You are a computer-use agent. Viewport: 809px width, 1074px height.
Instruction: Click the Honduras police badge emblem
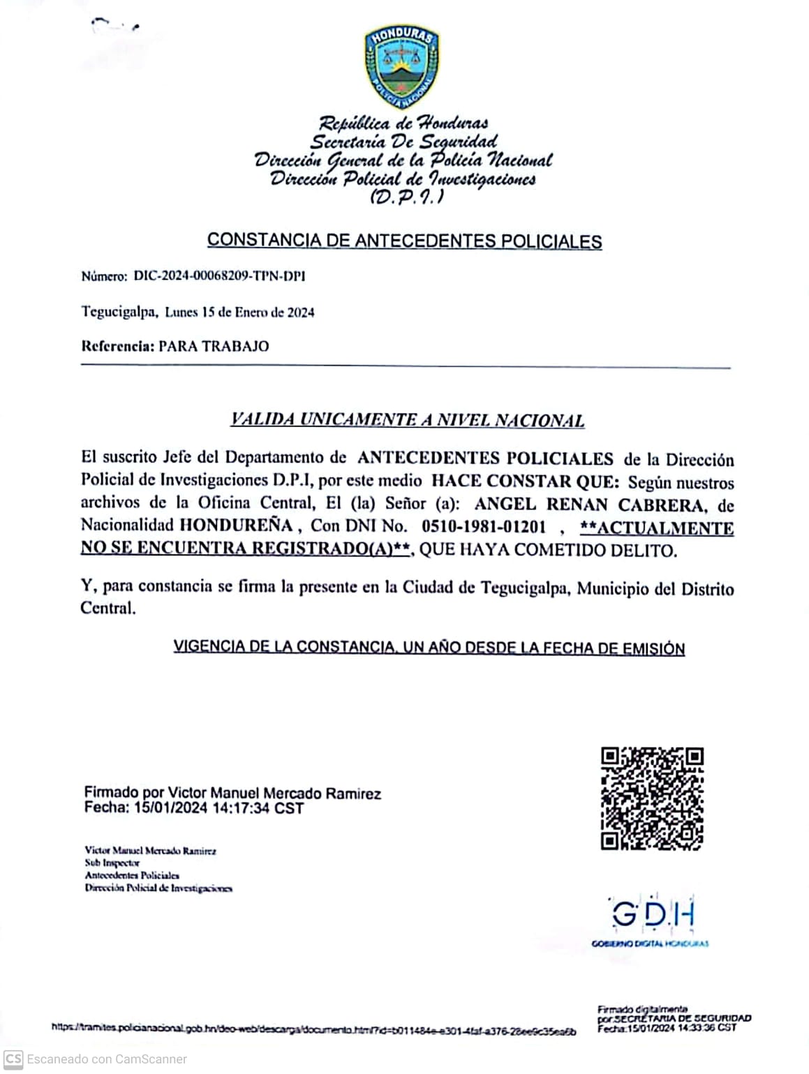pos(402,68)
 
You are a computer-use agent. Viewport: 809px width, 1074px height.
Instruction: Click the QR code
pos(652,798)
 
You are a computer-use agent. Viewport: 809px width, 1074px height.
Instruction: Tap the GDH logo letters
pos(653,914)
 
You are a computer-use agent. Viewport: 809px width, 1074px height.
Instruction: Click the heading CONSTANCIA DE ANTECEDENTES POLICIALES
pos(404,241)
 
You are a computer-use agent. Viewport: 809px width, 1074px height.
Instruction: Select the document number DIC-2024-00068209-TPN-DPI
pos(219,276)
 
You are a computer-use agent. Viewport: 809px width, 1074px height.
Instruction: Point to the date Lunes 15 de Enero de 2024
pos(239,312)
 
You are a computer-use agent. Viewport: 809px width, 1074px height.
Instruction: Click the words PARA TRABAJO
pos(214,346)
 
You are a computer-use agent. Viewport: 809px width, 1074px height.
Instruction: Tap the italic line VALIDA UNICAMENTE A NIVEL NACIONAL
pos(407,420)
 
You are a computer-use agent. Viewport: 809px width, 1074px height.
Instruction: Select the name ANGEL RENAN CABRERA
pos(589,504)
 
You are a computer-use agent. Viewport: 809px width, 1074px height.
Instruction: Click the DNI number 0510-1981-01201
pos(484,526)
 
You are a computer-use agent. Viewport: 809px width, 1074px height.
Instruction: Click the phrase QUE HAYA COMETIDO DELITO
pos(548,550)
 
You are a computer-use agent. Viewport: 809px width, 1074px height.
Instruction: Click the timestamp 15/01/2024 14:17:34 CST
pos(219,808)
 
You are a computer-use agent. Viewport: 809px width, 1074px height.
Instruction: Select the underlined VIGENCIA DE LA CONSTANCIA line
pos(429,647)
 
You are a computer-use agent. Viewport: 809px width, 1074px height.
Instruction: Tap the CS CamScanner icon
pos(13,1059)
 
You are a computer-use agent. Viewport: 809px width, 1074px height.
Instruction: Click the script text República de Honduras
pos(403,124)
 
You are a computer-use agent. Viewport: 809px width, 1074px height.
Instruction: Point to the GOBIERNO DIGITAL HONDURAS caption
pos(650,944)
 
